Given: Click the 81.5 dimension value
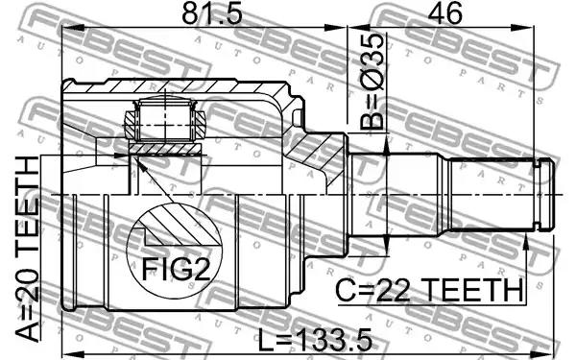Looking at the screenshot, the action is [212, 14].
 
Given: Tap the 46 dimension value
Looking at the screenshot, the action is [446, 14].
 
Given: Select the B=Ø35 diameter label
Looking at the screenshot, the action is [372, 82].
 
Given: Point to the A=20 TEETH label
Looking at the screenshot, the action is [28, 249].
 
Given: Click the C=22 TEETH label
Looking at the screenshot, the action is [429, 290].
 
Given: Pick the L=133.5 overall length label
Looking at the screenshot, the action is [315, 340].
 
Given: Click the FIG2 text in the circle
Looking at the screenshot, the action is [176, 269].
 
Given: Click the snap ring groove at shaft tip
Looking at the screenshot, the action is [538, 194].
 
